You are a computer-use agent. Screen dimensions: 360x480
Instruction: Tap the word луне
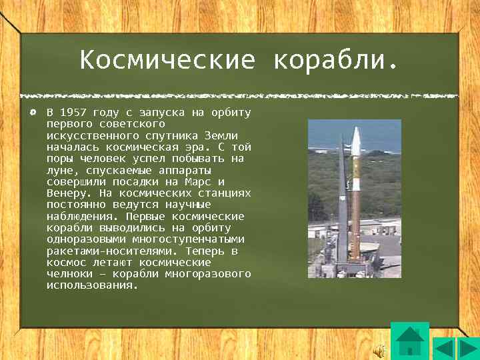(x=61, y=171)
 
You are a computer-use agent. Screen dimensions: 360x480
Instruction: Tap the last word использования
(x=91, y=285)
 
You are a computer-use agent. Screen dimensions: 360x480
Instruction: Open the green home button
(x=409, y=341)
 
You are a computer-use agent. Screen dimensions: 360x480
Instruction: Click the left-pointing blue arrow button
(x=445, y=349)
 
